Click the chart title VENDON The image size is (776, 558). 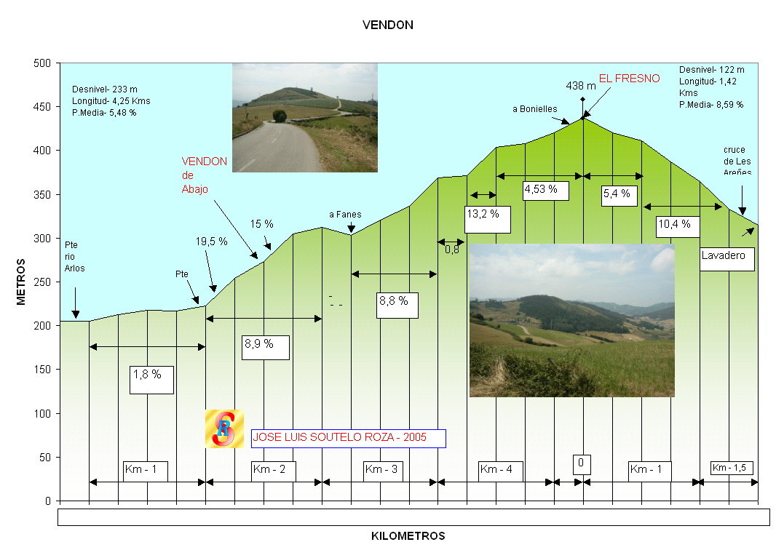point(388,25)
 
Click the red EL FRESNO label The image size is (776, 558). point(629,79)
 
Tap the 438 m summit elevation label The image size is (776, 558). point(580,86)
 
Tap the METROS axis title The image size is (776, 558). point(21,282)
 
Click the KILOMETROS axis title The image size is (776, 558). point(408,536)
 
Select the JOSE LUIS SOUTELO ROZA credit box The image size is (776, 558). point(348,438)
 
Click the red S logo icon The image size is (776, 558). point(224,429)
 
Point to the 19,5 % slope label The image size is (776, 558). point(211,241)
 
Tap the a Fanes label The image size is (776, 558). point(345,215)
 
